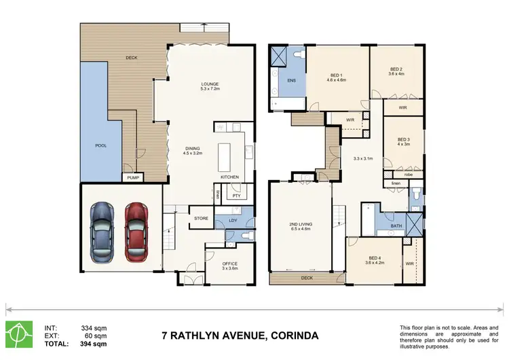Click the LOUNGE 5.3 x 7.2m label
(209, 86)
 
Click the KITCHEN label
(230, 177)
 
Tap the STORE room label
(200, 218)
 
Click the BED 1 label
(338, 77)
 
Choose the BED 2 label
(396, 71)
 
